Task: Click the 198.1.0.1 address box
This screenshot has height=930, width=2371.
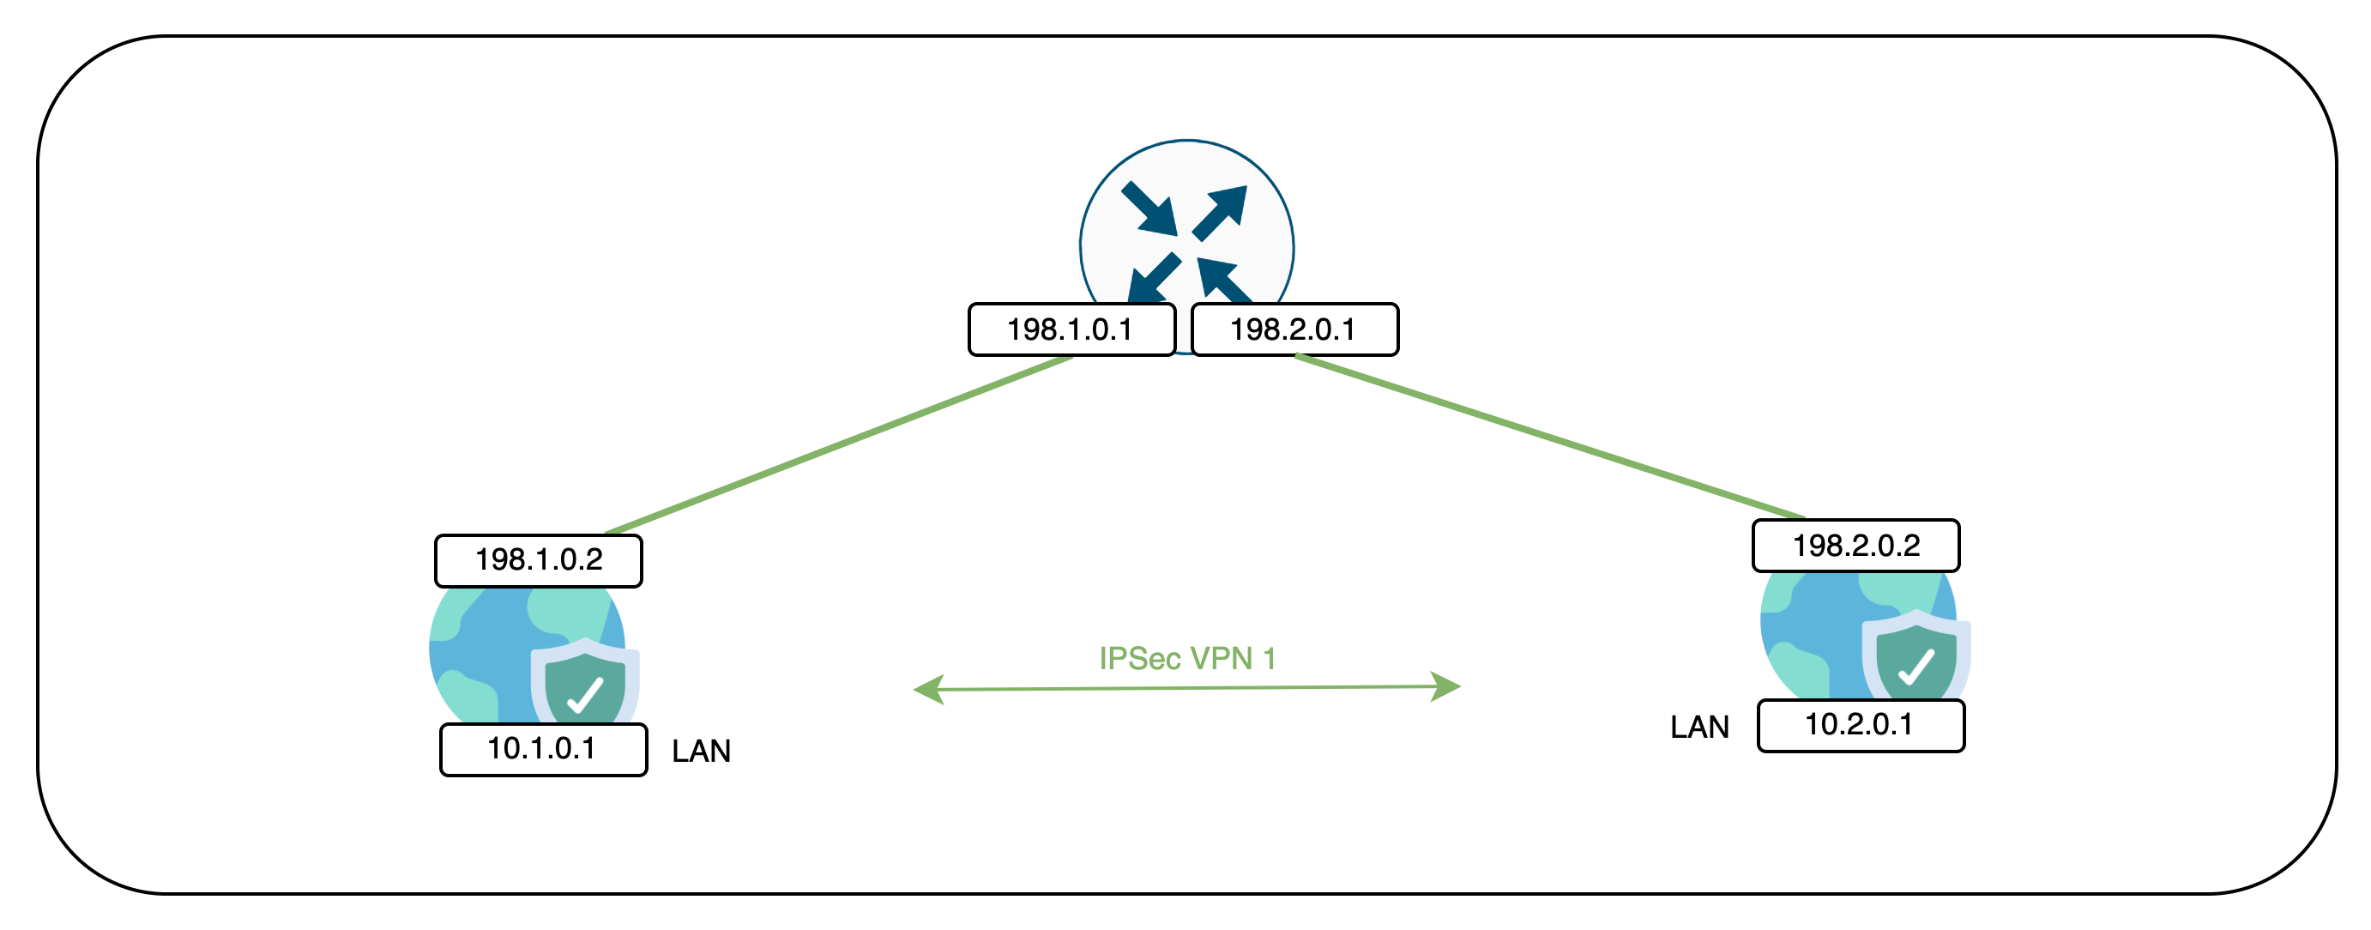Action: [1071, 329]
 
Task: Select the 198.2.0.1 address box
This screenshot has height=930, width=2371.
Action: [1294, 329]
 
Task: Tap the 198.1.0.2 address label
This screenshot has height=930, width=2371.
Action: [539, 560]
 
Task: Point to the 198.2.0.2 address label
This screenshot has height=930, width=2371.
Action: [1855, 545]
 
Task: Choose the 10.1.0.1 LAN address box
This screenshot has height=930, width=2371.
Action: [543, 750]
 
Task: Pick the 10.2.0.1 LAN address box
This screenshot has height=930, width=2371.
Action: [1860, 726]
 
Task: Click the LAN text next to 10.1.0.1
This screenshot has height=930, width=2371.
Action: [702, 752]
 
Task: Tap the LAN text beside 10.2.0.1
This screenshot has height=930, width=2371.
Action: [1699, 728]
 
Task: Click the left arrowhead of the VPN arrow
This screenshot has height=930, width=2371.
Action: [928, 689]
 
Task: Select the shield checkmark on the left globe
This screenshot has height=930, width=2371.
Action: [585, 694]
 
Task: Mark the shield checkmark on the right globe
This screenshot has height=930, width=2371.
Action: [1916, 666]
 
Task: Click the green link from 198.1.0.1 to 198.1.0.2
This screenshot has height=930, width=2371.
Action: [837, 444]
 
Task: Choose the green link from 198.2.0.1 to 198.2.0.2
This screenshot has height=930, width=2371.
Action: [1550, 437]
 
